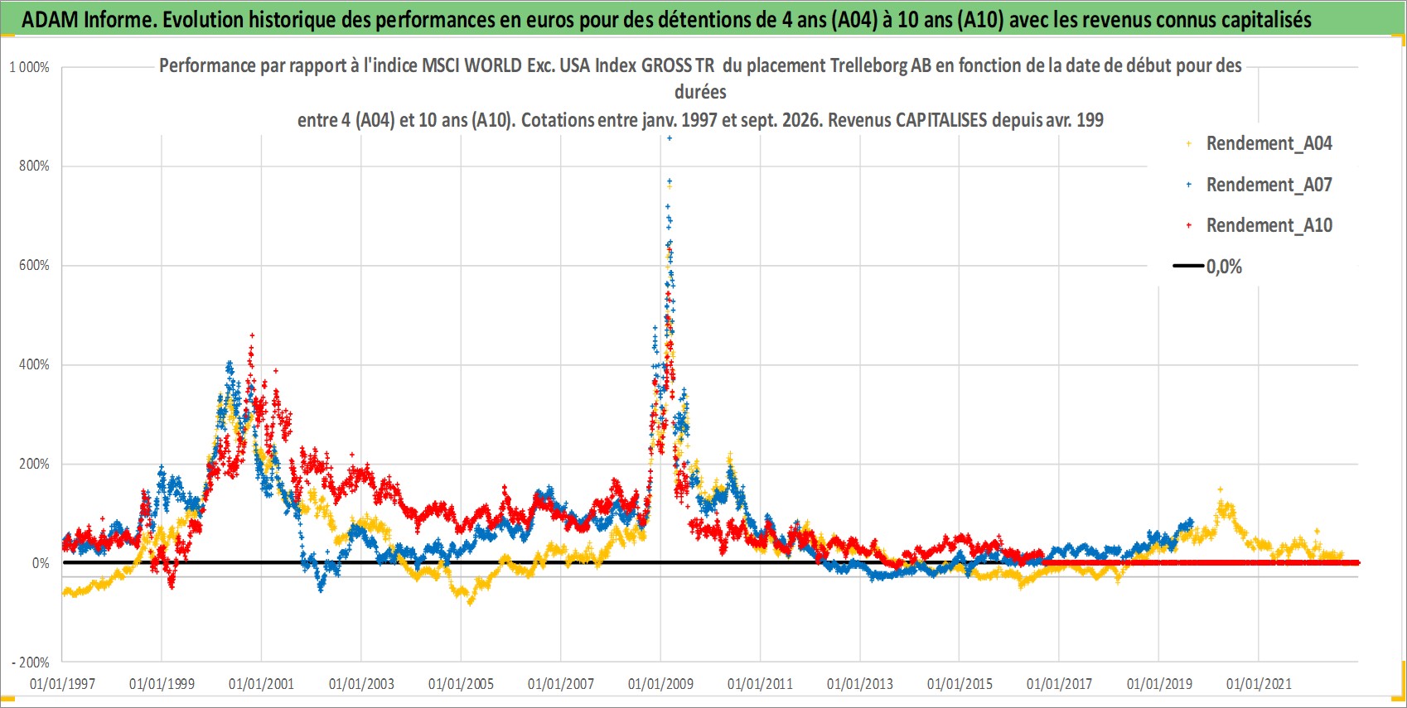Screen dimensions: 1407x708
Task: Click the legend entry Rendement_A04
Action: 1260,144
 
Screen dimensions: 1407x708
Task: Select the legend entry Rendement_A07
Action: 1260,185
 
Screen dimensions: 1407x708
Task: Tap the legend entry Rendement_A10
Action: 1260,225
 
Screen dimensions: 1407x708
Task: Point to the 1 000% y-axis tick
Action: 29,67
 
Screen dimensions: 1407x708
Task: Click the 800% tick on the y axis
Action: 34,166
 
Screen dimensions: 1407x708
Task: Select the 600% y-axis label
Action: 34,265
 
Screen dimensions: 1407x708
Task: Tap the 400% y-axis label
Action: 34,364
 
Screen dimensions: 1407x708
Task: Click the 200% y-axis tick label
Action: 34,464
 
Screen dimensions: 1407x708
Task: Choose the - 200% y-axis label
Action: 30,662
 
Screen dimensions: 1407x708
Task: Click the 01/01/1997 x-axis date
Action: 62,683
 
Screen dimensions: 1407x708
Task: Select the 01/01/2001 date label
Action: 261,683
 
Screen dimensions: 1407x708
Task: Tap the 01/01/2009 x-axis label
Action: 660,683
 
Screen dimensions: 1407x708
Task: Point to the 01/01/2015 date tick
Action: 960,683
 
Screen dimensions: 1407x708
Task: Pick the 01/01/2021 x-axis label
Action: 1259,683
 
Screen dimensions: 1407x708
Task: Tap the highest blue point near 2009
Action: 670,138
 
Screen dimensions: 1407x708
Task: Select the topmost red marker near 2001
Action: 252,335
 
